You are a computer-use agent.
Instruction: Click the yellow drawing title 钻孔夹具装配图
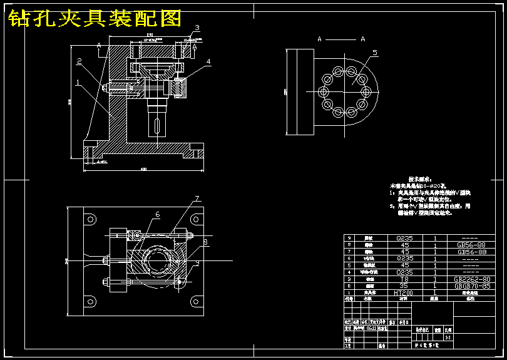click(x=95, y=19)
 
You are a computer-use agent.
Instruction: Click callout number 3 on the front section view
click(x=196, y=28)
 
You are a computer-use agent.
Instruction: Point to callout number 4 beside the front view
click(x=208, y=61)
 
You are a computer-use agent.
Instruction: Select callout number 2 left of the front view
click(x=79, y=61)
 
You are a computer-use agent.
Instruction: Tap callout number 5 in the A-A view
click(x=375, y=53)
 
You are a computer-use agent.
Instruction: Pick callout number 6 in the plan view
click(x=157, y=214)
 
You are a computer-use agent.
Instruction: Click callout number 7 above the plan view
click(x=196, y=198)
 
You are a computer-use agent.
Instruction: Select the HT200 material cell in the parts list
click(x=404, y=293)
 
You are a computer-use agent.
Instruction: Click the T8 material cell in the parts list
click(x=404, y=279)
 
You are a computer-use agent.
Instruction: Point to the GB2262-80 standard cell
click(x=473, y=279)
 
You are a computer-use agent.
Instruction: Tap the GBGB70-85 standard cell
click(x=473, y=286)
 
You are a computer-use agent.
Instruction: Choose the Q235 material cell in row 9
click(x=404, y=238)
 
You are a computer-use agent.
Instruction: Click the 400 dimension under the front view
click(x=143, y=169)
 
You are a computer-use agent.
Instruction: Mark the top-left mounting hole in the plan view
click(x=91, y=219)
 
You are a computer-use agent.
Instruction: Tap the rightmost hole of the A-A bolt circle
click(x=366, y=91)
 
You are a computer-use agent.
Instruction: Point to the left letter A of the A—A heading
click(x=320, y=39)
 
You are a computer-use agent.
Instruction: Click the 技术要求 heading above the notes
click(x=421, y=178)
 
